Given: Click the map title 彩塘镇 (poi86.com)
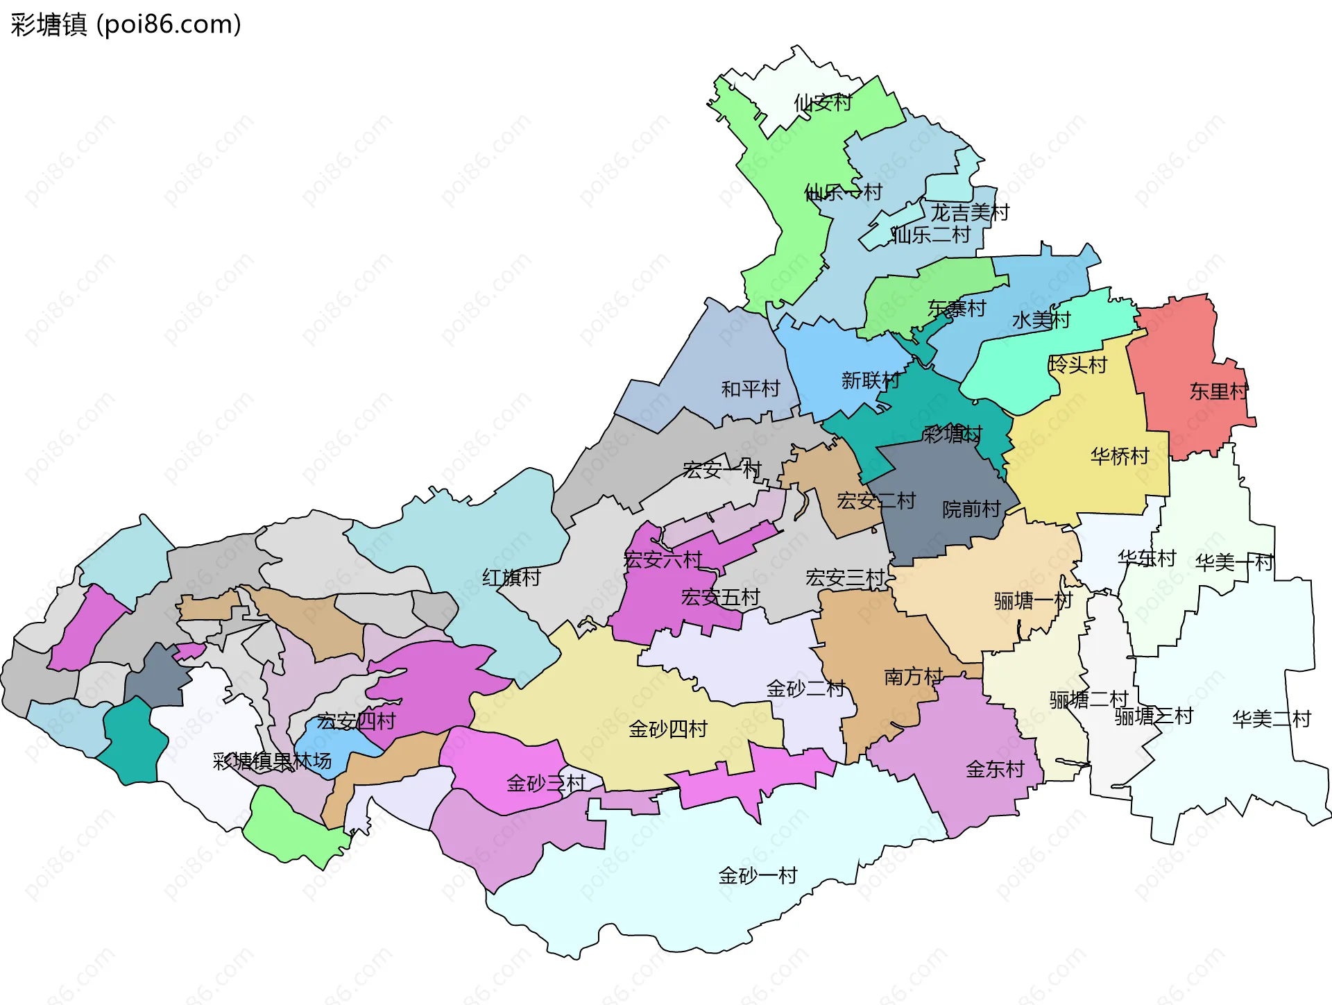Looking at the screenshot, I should [126, 24].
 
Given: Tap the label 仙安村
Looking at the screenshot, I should [823, 103].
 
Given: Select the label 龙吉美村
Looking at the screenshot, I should [970, 212].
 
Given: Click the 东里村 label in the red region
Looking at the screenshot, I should [1219, 391].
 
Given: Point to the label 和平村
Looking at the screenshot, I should [751, 389].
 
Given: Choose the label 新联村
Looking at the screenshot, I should [871, 380].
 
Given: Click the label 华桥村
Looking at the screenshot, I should [1120, 456].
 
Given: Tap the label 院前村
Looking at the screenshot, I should [971, 509].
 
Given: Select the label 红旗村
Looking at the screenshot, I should [511, 577].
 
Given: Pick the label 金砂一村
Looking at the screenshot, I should [758, 876].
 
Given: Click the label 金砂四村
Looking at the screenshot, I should [667, 729].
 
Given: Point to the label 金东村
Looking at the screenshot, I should [995, 769].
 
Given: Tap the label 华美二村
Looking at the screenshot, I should [1271, 719].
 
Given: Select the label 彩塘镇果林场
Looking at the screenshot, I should [272, 761].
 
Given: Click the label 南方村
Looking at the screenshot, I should [913, 677].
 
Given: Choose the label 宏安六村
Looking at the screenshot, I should [663, 559].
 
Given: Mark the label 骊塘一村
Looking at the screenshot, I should [1033, 600].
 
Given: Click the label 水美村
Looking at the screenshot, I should [1041, 321].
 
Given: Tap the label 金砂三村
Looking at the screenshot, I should [546, 784].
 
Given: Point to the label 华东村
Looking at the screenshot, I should [1147, 558].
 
